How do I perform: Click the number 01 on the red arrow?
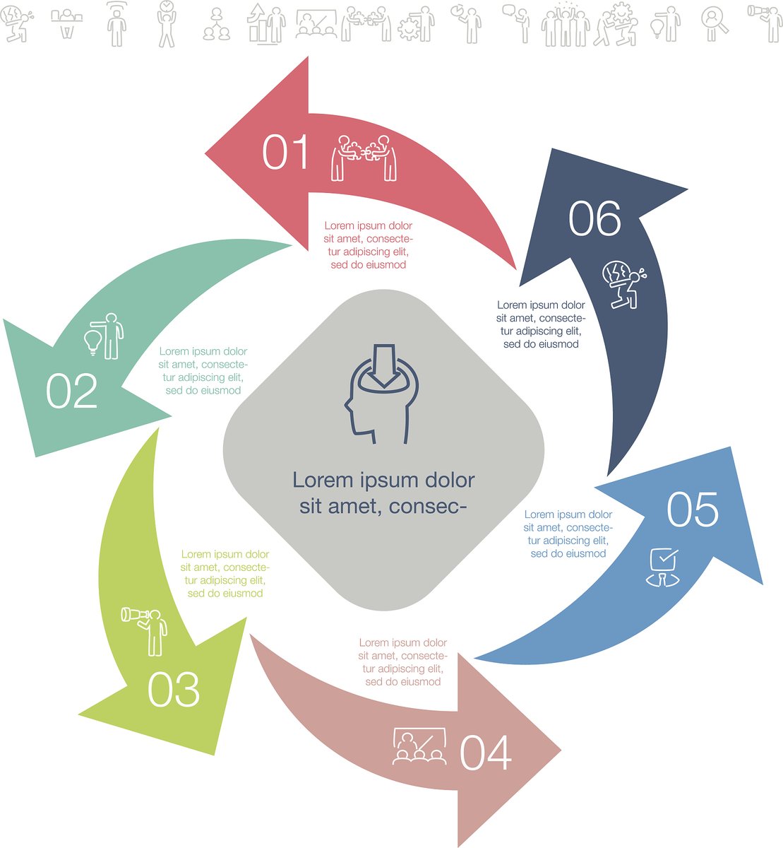tap(285, 152)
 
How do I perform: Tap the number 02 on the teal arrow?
tap(72, 390)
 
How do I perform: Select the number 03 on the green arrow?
tap(174, 689)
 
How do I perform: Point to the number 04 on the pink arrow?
tap(486, 753)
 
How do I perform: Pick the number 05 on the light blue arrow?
tap(693, 509)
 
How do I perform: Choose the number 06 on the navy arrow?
tap(594, 218)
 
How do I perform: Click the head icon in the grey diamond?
tap(382, 394)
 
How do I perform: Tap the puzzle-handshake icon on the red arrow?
tap(364, 158)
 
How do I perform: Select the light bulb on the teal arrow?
tap(92, 343)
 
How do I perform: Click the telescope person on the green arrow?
tap(145, 631)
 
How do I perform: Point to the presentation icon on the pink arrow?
tap(419, 746)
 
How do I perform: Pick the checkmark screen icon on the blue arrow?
tap(663, 567)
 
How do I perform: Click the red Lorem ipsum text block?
tap(369, 245)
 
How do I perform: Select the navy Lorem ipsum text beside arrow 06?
tap(541, 324)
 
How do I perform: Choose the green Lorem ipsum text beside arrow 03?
tap(225, 573)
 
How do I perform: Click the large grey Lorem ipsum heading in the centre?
tap(383, 493)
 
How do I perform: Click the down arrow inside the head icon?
tap(384, 365)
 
